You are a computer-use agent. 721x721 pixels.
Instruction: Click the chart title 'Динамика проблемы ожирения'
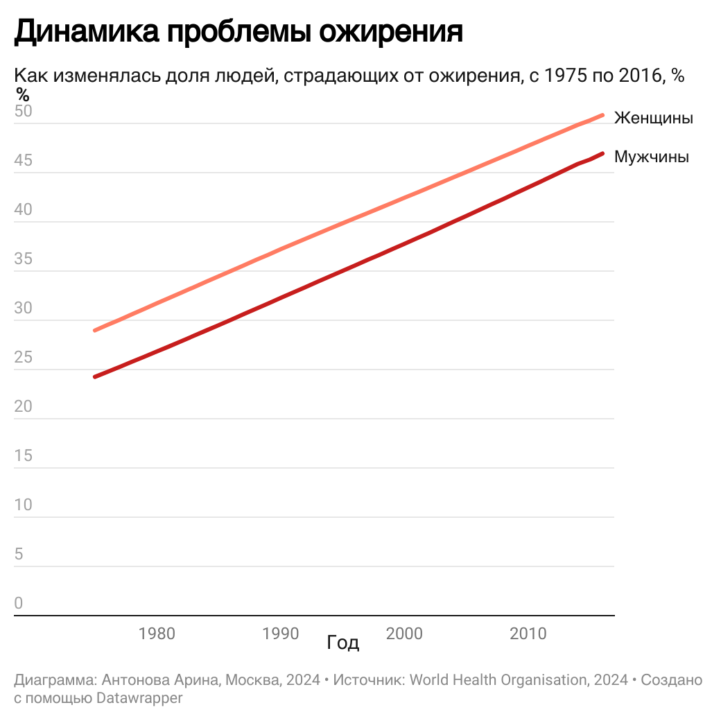point(238,32)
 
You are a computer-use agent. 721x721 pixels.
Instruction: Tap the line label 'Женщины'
point(653,118)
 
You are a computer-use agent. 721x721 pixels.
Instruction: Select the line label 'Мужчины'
point(651,157)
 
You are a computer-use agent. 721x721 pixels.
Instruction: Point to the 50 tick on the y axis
point(23,112)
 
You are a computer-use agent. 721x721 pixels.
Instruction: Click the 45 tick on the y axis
point(23,161)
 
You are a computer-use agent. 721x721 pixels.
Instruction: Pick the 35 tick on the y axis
point(23,259)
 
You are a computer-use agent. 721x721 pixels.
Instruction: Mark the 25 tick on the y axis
point(23,358)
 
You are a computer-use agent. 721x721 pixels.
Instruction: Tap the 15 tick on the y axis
point(23,456)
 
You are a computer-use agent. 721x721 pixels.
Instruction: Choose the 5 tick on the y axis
point(19,555)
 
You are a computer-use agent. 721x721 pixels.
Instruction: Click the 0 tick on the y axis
point(19,604)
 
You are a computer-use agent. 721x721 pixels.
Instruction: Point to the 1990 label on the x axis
point(280,634)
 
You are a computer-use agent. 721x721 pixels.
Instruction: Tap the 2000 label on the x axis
point(404,634)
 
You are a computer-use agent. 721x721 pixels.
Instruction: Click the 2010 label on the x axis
point(528,634)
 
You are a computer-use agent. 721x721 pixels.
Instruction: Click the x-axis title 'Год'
point(343,643)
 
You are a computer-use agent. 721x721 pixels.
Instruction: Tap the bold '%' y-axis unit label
point(23,94)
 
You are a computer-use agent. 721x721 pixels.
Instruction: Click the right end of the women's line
point(602,115)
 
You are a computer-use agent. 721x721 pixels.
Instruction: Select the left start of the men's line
point(95,376)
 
